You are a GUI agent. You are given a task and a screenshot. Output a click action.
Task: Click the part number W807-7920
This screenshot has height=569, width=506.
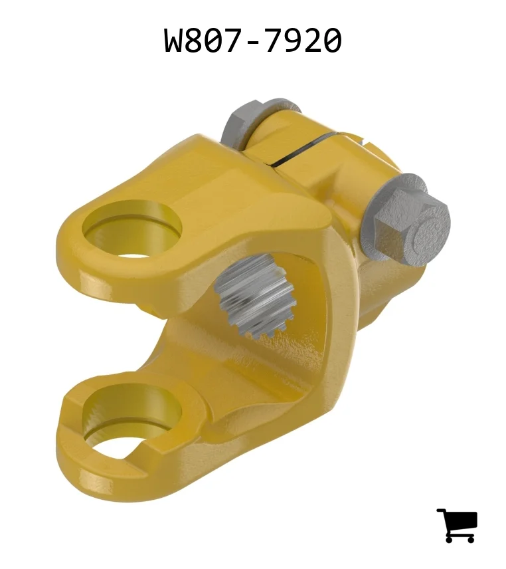pyautogui.click(x=252, y=41)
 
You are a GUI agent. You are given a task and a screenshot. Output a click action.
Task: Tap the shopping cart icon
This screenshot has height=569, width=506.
pyautogui.click(x=457, y=525)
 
